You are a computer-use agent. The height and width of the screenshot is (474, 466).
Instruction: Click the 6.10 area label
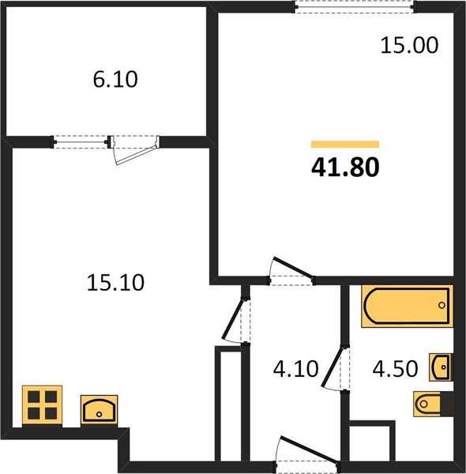[x=115, y=79]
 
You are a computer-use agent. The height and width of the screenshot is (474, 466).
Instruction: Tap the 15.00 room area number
[x=409, y=45]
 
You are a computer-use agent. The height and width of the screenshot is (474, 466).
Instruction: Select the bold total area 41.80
[x=345, y=167]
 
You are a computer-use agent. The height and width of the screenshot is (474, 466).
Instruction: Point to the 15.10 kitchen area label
[x=115, y=283]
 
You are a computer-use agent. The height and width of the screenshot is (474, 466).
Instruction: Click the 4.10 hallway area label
[x=295, y=369]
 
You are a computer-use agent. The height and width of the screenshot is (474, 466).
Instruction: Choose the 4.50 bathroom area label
[x=395, y=369]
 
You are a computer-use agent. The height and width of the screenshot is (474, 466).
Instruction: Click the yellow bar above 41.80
[x=345, y=145]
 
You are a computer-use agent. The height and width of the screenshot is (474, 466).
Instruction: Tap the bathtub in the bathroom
[x=407, y=306]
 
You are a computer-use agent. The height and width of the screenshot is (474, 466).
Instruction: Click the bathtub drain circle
[x=442, y=305]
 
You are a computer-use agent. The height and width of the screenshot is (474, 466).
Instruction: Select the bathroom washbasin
[x=442, y=367]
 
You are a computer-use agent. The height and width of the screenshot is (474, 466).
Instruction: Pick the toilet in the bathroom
[x=432, y=404]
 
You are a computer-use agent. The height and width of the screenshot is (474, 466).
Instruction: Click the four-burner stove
[x=43, y=406]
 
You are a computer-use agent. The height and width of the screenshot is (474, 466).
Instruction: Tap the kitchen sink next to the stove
[x=99, y=410]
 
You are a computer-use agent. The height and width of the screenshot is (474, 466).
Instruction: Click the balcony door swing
[x=134, y=151]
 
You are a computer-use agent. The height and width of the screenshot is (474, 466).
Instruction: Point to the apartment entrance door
[x=307, y=453]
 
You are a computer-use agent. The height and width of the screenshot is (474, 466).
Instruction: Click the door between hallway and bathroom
[x=336, y=368]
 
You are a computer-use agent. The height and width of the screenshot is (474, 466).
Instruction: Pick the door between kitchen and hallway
[x=235, y=321]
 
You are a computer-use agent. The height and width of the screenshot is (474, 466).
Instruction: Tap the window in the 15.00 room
[x=354, y=6]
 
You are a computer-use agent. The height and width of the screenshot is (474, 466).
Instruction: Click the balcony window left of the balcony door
[x=81, y=141]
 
